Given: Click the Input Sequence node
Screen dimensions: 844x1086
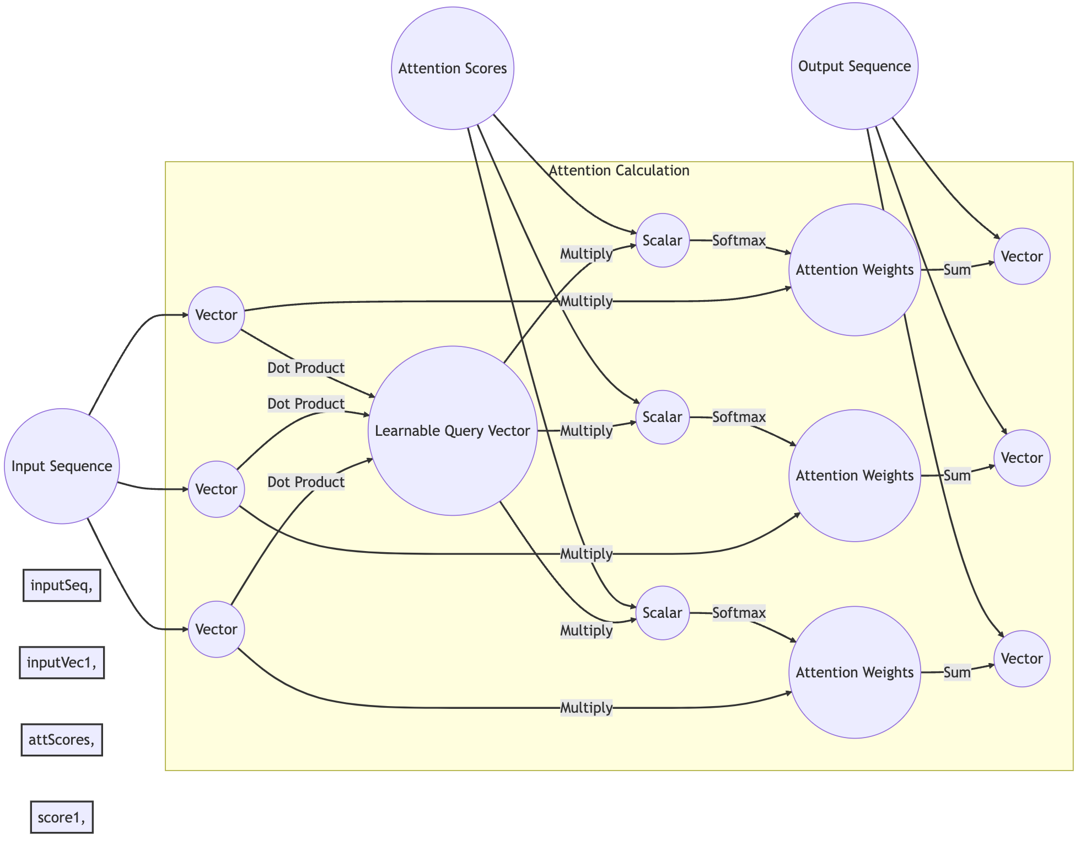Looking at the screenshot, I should click(62, 466).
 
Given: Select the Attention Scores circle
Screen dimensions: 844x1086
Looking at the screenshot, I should click(453, 68).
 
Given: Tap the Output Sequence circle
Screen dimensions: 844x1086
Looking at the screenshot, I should click(854, 66).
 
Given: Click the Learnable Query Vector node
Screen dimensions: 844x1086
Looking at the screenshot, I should click(453, 431).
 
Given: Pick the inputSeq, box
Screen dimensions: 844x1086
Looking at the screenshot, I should click(62, 585).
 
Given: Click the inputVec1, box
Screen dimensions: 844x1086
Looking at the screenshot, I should click(62, 663).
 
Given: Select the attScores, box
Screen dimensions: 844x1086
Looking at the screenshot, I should click(62, 740).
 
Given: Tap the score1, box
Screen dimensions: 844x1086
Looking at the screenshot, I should click(62, 817).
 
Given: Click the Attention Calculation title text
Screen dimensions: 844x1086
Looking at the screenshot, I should click(619, 170).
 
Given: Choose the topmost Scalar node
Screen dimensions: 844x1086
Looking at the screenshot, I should click(663, 241).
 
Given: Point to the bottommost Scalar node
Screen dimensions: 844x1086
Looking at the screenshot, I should click(663, 613).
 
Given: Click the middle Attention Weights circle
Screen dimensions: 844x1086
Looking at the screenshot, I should click(854, 476).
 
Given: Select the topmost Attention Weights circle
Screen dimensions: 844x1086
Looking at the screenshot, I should click(854, 270).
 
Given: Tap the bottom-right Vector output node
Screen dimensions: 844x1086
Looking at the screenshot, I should click(1022, 659).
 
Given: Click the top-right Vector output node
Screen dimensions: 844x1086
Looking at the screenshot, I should click(1022, 257).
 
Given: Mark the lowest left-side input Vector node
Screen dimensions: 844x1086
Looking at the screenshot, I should click(217, 629).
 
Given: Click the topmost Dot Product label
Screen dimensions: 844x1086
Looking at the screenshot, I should click(306, 368).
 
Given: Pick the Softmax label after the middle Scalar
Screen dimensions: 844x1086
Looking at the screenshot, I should click(739, 417).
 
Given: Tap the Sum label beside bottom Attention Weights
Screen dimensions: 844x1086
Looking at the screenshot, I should click(957, 672).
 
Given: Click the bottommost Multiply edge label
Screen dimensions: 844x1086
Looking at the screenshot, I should click(586, 708).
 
